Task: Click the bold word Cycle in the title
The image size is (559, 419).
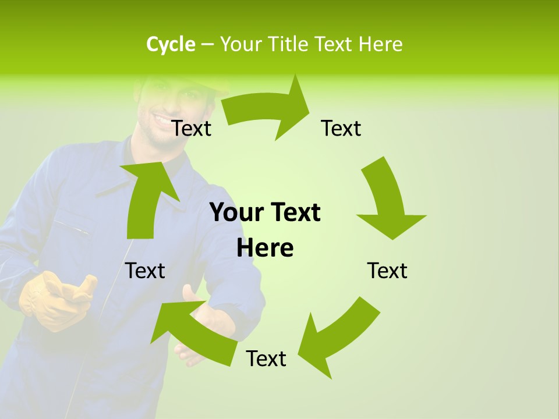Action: point(171,44)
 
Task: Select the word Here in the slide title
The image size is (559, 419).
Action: point(381,44)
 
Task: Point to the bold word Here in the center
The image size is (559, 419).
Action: point(265,248)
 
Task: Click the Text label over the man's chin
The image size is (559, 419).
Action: point(192,128)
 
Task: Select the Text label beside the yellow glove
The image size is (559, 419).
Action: point(145,271)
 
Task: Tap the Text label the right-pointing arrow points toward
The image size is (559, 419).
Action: point(341,128)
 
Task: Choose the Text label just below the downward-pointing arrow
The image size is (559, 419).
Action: point(387,271)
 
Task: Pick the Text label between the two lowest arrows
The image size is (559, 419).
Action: point(266,358)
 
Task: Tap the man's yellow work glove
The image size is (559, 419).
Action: point(55,300)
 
